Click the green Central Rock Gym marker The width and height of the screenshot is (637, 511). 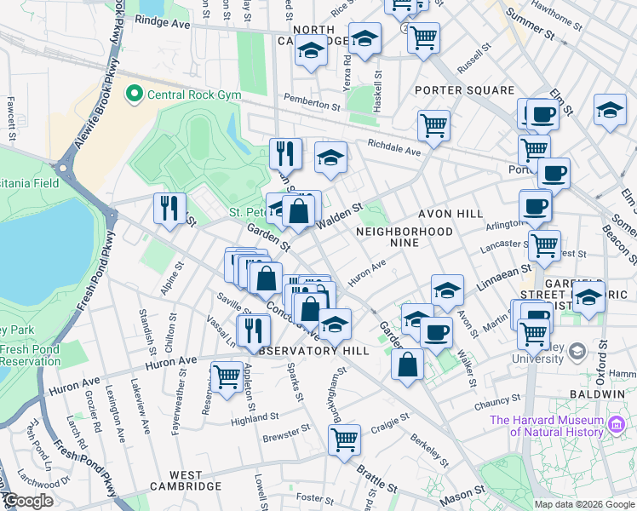(x=133, y=93)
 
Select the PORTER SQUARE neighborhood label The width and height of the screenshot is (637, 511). (x=464, y=90)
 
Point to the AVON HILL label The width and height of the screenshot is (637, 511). (x=450, y=214)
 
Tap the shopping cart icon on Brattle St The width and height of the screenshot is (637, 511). (x=344, y=440)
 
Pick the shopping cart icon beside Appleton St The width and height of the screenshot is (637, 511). (x=227, y=376)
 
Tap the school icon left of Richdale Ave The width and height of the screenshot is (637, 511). (x=330, y=157)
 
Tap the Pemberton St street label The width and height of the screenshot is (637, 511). (x=312, y=100)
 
